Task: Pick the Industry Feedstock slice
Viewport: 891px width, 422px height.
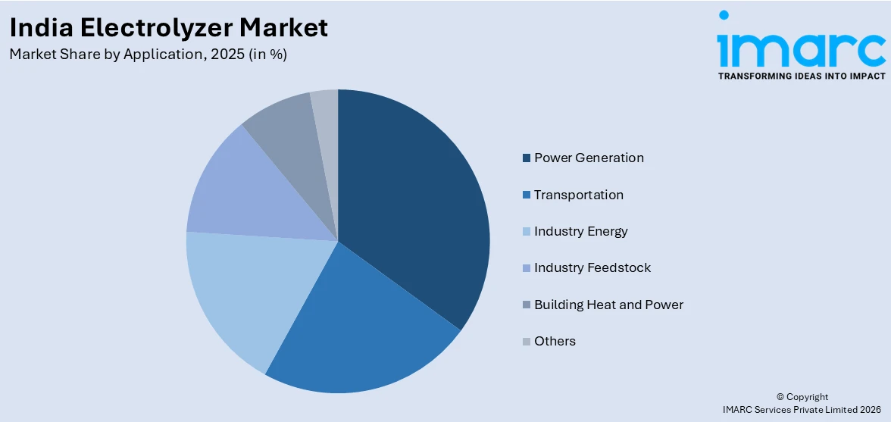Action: coord(242,189)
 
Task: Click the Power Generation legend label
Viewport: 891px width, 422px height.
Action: coord(589,158)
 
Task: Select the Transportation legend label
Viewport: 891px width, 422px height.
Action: coord(578,195)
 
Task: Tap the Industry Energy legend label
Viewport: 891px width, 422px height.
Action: coord(580,231)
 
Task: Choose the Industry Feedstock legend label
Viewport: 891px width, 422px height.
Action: coord(592,267)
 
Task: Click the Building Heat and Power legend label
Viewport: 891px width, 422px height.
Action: coord(608,305)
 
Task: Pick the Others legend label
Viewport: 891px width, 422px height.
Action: coord(555,341)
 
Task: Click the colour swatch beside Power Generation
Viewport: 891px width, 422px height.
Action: coord(527,158)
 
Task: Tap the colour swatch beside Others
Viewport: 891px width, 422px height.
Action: coord(527,342)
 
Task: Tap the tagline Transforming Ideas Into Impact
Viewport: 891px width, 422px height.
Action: coord(801,76)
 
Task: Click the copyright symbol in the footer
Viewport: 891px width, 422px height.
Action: coord(780,397)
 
